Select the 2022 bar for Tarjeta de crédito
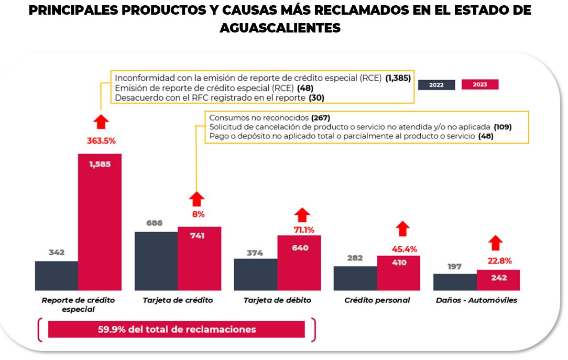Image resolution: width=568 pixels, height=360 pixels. pyautogui.click(x=156, y=261)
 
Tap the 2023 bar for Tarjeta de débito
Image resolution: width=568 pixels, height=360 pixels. pyautogui.click(x=299, y=263)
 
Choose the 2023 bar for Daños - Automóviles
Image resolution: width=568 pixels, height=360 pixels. pyautogui.click(x=498, y=280)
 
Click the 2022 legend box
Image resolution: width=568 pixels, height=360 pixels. pyautogui.click(x=436, y=85)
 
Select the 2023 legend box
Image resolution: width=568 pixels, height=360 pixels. pyautogui.click(x=479, y=84)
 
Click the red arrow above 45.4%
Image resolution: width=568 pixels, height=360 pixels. pyautogui.click(x=402, y=228)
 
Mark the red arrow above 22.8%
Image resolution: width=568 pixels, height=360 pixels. pyautogui.click(x=496, y=243)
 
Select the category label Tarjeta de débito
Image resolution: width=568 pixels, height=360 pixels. pyautogui.click(x=277, y=300)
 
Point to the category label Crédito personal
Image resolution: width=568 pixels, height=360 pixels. pyautogui.click(x=377, y=300)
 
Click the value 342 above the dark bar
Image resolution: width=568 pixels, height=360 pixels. pyautogui.click(x=57, y=253)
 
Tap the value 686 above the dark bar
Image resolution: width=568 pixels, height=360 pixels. pyautogui.click(x=155, y=223)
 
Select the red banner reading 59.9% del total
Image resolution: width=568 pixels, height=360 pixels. pyautogui.click(x=177, y=330)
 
